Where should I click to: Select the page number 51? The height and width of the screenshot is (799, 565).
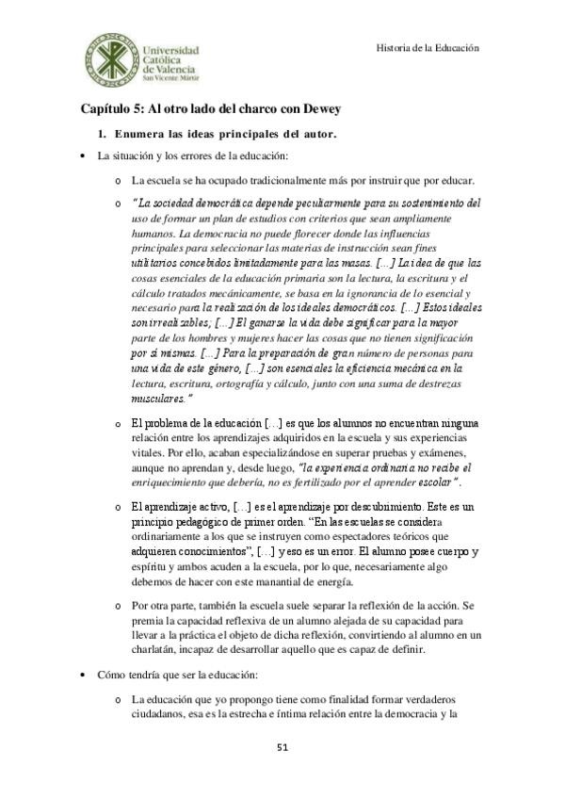click(282, 747)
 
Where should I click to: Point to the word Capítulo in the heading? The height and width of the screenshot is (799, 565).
click(108, 108)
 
